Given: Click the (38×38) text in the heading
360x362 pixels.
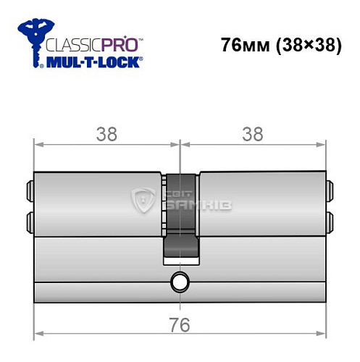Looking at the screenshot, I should (x=303, y=44).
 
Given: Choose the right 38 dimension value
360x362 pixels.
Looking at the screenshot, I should (x=253, y=134).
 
